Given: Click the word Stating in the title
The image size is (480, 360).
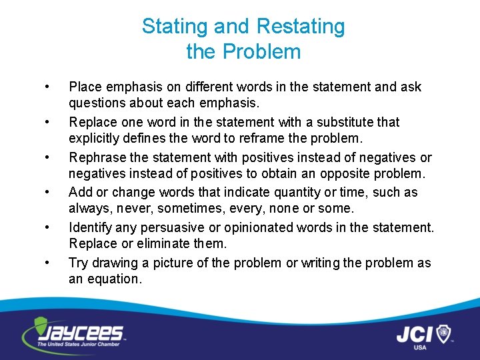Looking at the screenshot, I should (169, 27).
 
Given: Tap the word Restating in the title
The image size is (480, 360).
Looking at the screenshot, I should (301, 27).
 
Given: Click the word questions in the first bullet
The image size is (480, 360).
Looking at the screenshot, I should (97, 103).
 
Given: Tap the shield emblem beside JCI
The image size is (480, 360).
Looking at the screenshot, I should (443, 333).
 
